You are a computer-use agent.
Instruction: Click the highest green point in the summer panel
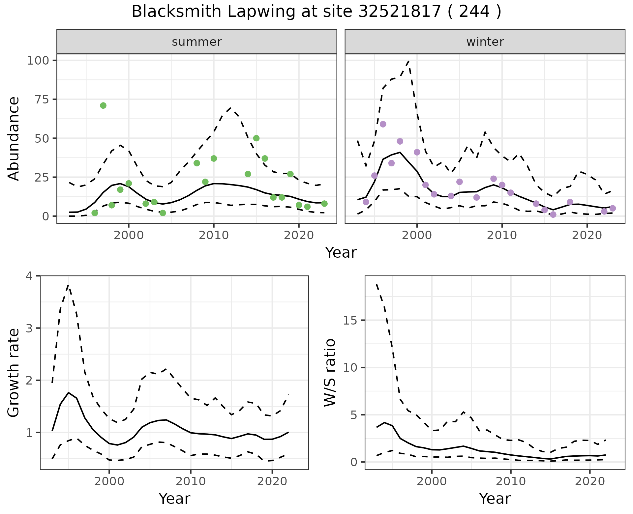pos(103,105)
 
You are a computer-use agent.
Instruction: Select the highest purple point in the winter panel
pos(383,124)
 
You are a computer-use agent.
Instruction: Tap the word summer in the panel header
pos(197,42)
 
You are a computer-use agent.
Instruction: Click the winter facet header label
pos(485,42)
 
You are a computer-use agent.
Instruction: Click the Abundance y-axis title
pos(14,139)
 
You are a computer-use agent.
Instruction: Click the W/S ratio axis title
pos(330,373)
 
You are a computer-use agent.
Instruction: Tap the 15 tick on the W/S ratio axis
pos(352,321)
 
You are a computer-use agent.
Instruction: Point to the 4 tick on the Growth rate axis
pos(29,276)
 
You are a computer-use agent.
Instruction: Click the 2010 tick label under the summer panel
pos(214,235)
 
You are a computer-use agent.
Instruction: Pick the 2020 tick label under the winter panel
pos(587,235)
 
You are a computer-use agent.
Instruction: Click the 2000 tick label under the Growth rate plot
pos(109,481)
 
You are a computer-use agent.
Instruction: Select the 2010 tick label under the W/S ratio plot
pos(511,481)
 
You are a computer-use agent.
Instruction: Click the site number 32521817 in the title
pos(400,12)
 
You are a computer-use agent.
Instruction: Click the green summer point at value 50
pos(256,138)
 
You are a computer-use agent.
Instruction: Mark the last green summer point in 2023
pos(324,204)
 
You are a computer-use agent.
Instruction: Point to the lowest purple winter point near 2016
pos(553,214)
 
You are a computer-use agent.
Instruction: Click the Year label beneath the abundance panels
pos(341,253)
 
